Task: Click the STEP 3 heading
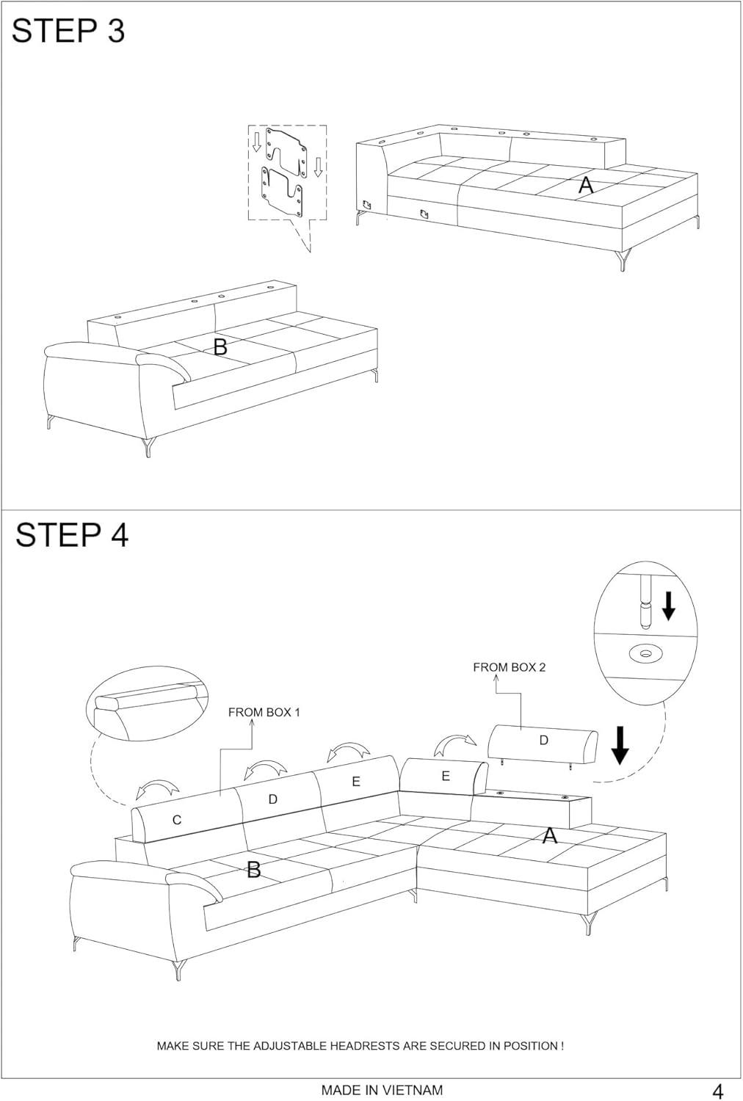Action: click(68, 31)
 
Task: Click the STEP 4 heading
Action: click(72, 535)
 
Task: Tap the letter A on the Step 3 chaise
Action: click(586, 185)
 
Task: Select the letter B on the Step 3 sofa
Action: click(220, 347)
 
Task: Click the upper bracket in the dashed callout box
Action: click(286, 150)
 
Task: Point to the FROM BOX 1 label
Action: click(264, 712)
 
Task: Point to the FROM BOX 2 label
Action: click(510, 667)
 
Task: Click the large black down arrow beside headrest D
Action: click(620, 745)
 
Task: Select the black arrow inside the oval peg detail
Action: click(668, 606)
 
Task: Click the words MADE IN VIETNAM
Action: click(382, 1090)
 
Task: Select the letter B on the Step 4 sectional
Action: click(254, 870)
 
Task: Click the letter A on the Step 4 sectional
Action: click(550, 835)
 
